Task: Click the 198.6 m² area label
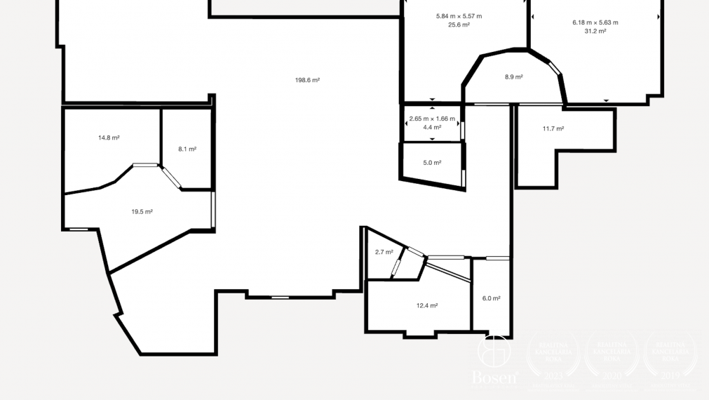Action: [307, 80]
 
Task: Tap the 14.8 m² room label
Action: [109, 138]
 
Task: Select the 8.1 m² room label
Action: [187, 149]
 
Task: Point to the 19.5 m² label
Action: [142, 211]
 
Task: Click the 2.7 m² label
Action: [384, 252]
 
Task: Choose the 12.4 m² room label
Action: [427, 305]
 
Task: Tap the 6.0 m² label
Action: [491, 298]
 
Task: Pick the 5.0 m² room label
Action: [432, 163]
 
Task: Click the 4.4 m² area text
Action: [432, 127]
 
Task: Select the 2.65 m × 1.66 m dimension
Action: [432, 119]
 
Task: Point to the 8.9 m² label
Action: [513, 76]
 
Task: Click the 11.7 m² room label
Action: [553, 128]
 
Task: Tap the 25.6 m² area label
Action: [459, 25]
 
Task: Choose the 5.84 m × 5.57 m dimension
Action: [459, 15]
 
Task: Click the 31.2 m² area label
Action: [595, 31]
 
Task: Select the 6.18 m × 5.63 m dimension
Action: [595, 22]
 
